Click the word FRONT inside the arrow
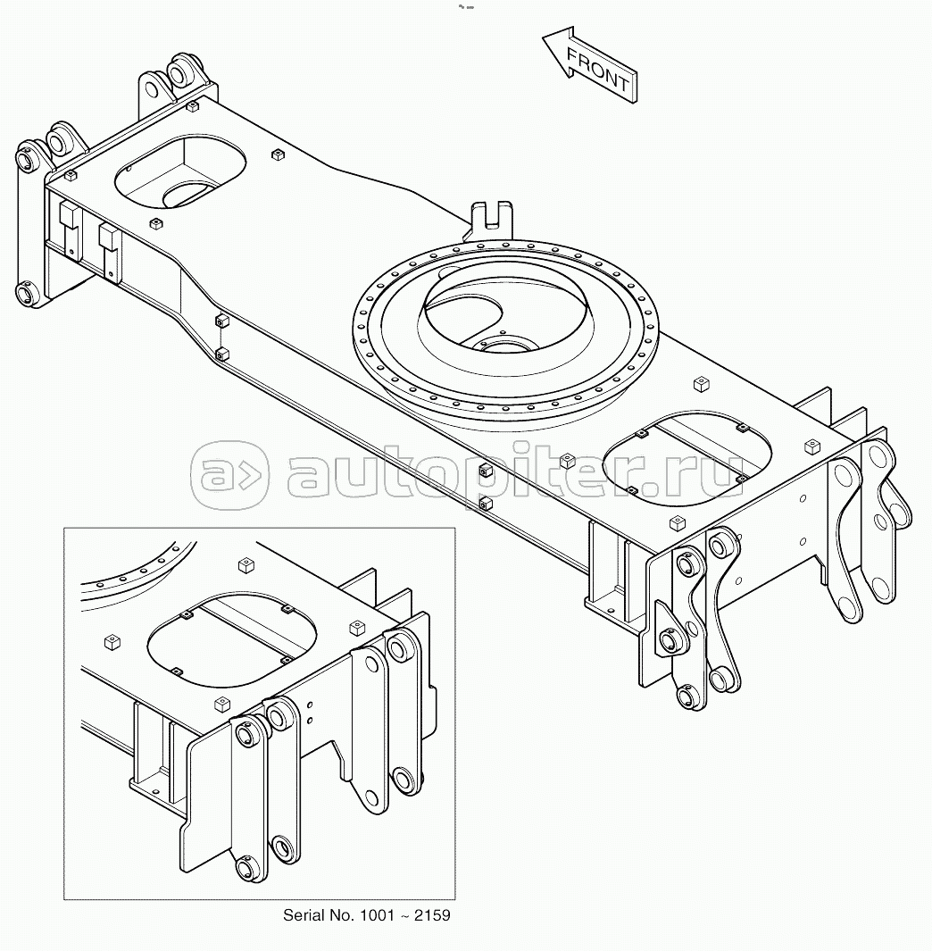597,69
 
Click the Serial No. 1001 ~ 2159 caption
366,915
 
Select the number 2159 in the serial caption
432,915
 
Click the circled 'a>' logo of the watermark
229,475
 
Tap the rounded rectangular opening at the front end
180,172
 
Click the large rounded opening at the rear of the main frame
687,458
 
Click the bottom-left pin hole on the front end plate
28,296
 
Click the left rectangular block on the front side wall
71,229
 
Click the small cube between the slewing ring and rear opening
702,384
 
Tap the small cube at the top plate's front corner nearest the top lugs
193,107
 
